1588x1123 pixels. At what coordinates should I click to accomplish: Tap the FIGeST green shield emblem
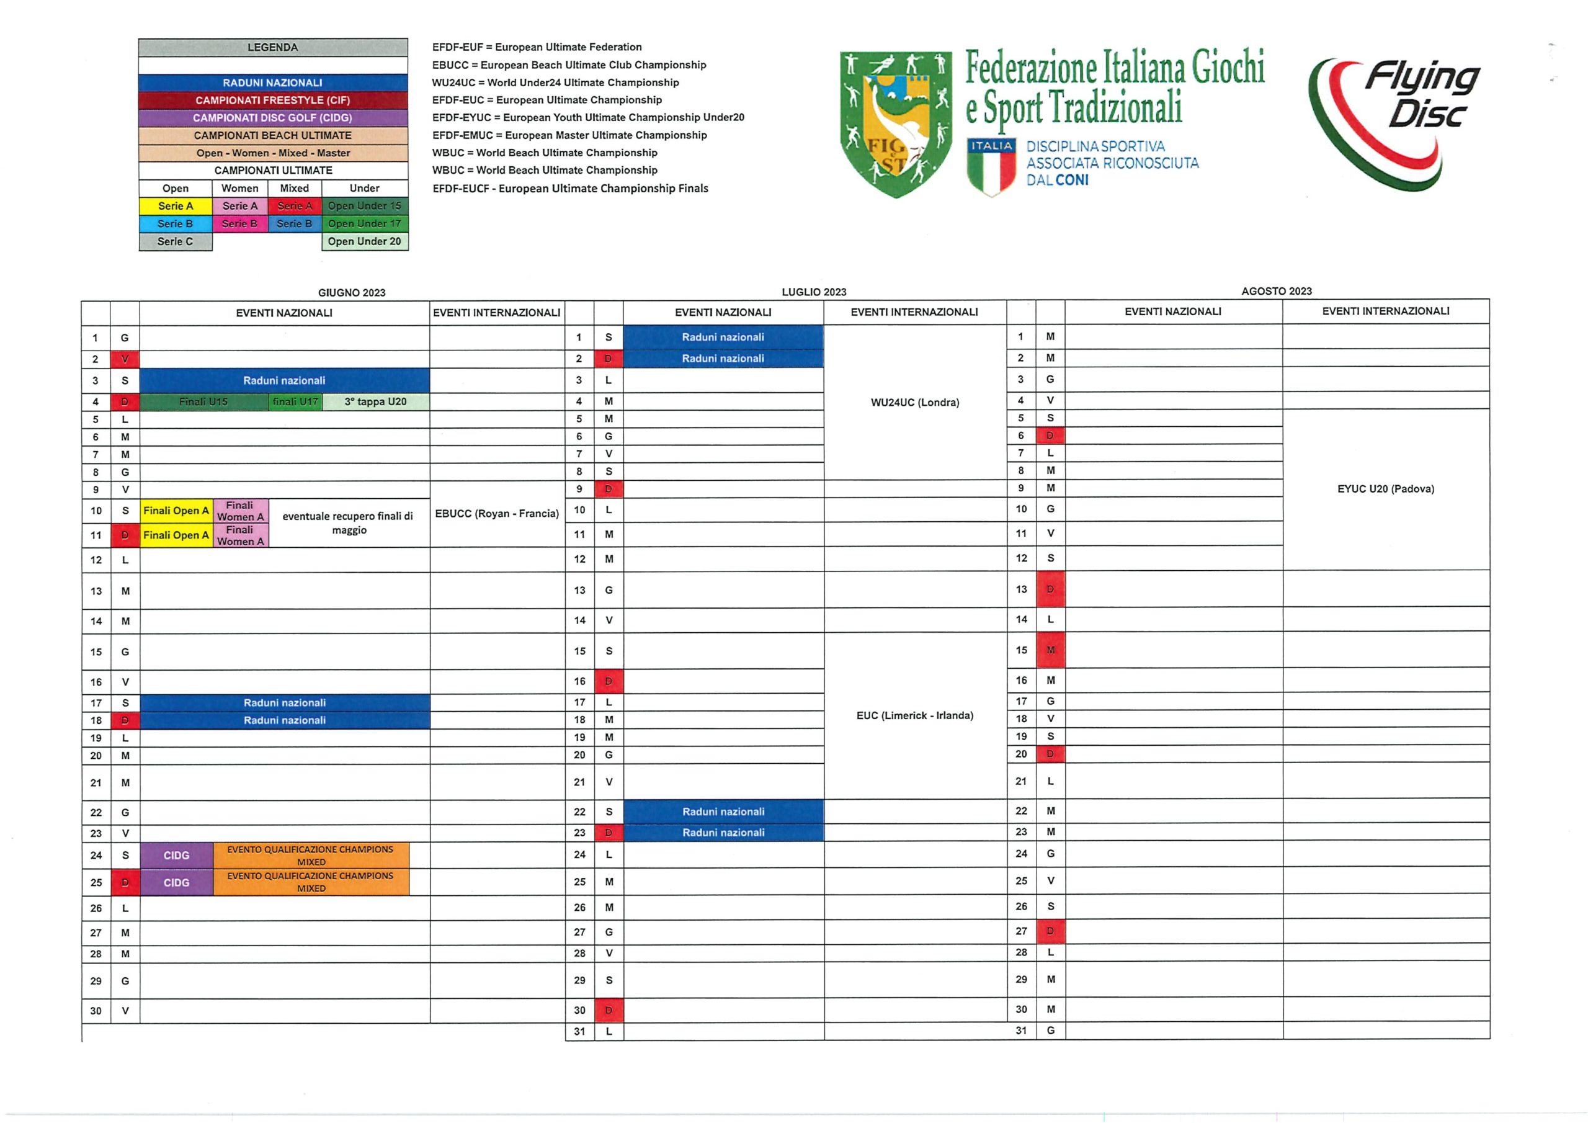895,123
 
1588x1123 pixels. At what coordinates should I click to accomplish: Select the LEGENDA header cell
272,48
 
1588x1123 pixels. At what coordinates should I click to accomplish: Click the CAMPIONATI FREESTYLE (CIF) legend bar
272,101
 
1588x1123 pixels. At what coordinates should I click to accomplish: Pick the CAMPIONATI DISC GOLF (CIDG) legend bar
272,118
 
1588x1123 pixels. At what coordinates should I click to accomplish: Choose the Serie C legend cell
175,241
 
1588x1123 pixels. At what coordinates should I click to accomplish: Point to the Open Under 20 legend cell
365,241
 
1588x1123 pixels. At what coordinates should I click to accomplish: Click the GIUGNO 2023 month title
351,293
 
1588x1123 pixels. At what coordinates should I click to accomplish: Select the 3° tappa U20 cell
375,401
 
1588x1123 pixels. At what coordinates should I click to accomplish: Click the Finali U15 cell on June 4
203,401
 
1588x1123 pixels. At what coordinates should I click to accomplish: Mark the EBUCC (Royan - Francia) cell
497,513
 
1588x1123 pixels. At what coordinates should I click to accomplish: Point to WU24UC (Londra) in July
914,403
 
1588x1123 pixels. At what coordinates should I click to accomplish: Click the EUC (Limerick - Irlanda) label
914,715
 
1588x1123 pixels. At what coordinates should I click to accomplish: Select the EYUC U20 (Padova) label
1385,488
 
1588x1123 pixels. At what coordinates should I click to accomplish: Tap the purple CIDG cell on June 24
176,855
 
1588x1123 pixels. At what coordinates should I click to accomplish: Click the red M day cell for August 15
1050,650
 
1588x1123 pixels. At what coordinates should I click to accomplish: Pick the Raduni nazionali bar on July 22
723,812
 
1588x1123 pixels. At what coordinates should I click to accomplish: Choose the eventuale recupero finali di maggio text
349,523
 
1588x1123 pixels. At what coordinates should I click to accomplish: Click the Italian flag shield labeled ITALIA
992,166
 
